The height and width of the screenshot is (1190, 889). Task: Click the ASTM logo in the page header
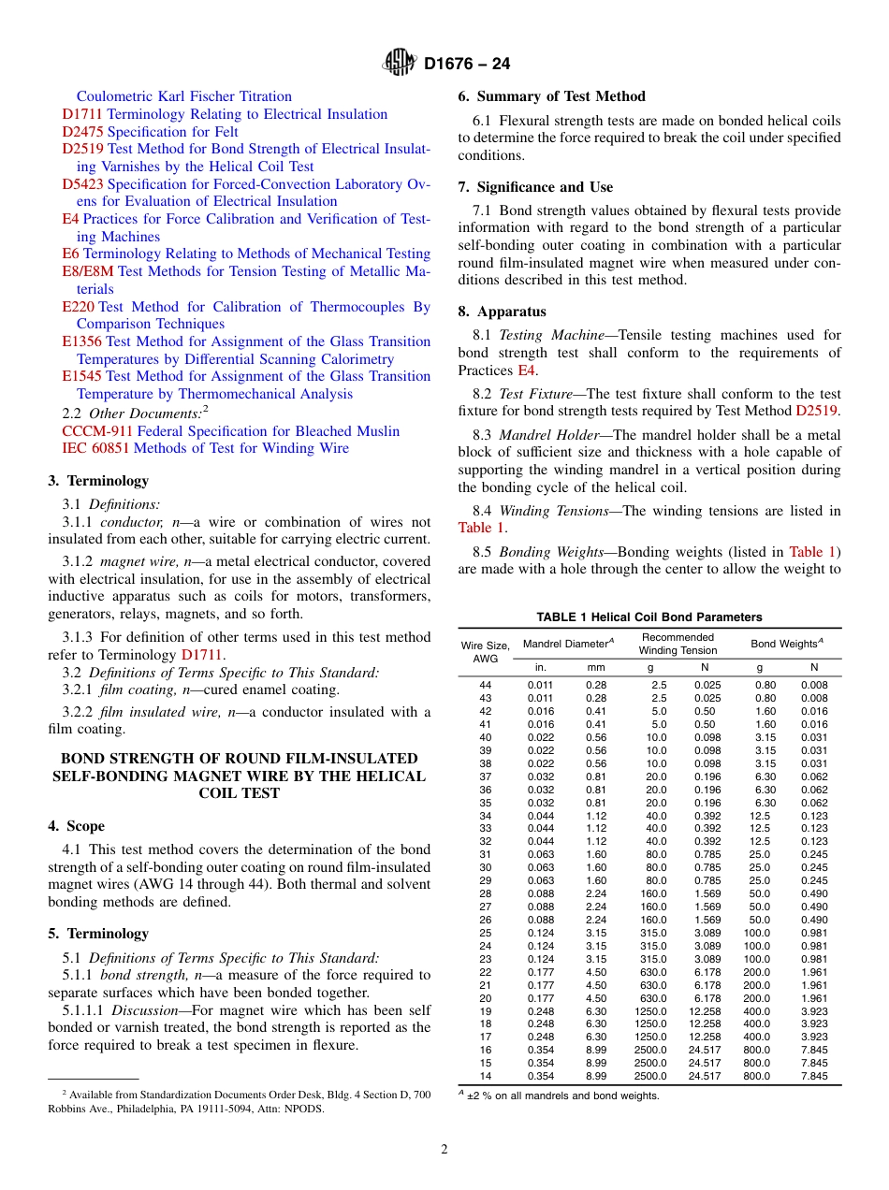(x=400, y=64)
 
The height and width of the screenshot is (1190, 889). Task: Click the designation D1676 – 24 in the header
(x=467, y=65)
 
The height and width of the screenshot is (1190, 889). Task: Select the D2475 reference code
(x=82, y=132)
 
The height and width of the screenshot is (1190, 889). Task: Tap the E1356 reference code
(x=82, y=341)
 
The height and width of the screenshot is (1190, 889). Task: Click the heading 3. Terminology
(x=98, y=481)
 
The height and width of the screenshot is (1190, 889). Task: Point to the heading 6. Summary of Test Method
(x=551, y=96)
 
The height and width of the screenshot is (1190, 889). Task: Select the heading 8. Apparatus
(x=502, y=312)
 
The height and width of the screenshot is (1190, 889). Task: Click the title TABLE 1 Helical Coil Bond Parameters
(x=649, y=617)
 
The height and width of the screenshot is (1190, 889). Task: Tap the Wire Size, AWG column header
(x=485, y=652)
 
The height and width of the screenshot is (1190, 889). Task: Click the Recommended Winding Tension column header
(x=678, y=644)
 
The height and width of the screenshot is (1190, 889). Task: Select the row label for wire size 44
(x=485, y=686)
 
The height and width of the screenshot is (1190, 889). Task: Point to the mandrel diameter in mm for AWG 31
(x=596, y=855)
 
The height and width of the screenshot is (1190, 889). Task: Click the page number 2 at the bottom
(x=444, y=1150)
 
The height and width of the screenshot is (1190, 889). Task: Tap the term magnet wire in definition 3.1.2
(x=134, y=561)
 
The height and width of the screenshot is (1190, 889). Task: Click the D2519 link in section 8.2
(x=817, y=411)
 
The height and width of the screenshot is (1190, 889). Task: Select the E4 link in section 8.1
(x=527, y=370)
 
